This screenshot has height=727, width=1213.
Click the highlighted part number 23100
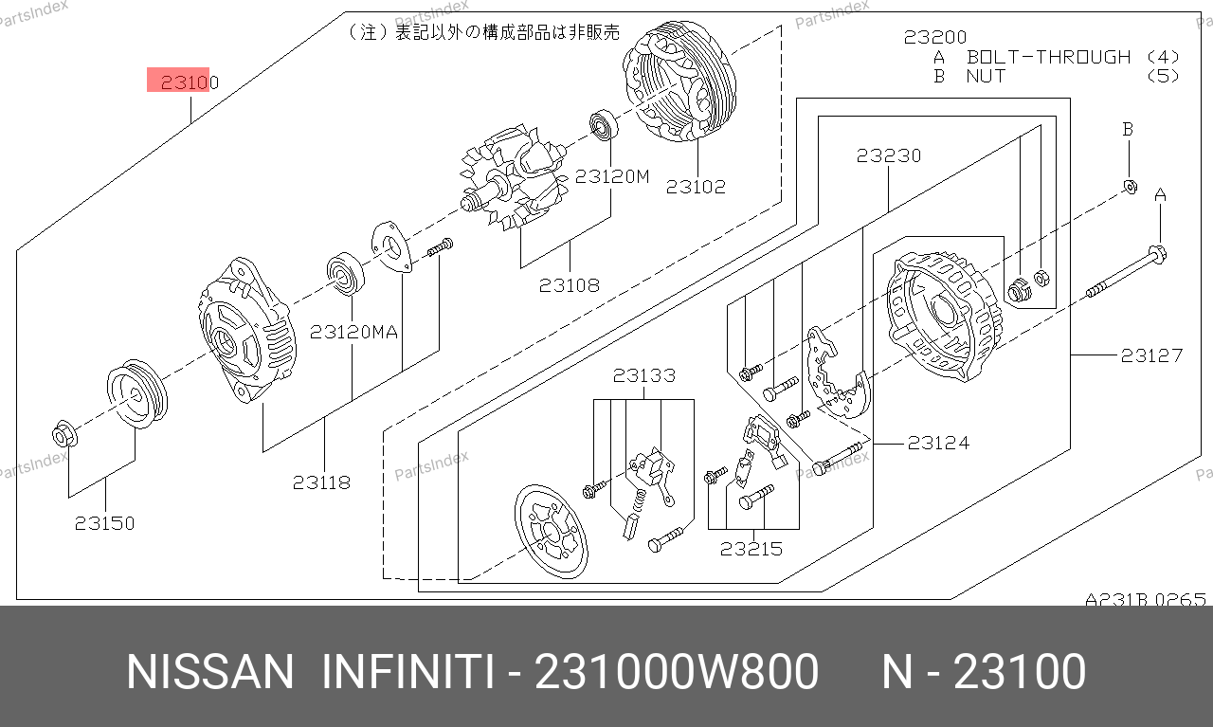coord(190,82)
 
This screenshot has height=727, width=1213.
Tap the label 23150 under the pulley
coord(104,523)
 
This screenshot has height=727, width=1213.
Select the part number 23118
coord(321,482)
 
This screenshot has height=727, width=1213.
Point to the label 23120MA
coord(353,332)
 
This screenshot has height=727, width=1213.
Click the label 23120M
coord(612,176)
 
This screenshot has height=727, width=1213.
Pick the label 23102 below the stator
coord(696,187)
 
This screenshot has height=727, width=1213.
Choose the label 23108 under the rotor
coord(570,285)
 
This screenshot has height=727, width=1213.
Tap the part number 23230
coord(889,156)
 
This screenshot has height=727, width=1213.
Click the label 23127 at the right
coord(1151,355)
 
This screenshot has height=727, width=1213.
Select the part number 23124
coord(938,444)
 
